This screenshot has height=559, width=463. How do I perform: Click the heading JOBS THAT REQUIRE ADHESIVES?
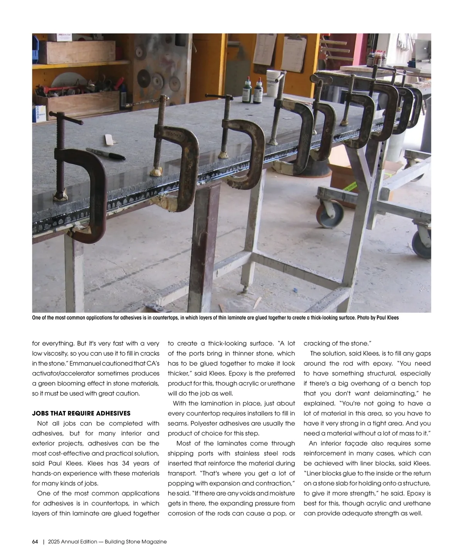(81, 413)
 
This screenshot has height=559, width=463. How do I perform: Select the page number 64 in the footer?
(35, 542)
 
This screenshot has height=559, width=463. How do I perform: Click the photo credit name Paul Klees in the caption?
(387, 318)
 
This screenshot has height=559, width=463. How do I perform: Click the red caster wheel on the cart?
(324, 213)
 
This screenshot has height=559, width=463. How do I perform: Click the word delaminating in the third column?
(394, 393)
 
